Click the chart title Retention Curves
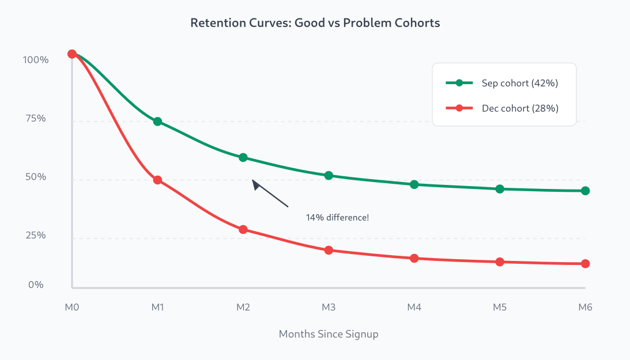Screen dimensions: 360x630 click(315, 24)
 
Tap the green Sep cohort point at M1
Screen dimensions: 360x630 click(157, 122)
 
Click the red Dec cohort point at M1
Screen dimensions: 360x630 click(157, 180)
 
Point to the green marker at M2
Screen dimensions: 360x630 click(243, 157)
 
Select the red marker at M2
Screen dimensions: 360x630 click(243, 229)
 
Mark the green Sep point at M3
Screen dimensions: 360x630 click(329, 175)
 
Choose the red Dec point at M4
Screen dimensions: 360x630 click(414, 258)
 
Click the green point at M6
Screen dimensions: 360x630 click(585, 191)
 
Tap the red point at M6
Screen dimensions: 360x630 click(585, 263)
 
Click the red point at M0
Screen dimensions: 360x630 click(72, 54)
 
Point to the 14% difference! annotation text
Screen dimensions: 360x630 click(337, 218)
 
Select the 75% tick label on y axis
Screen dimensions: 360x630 click(35, 119)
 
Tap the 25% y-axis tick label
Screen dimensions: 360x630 click(35, 236)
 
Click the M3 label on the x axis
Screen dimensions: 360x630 click(329, 308)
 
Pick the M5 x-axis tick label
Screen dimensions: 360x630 click(499, 308)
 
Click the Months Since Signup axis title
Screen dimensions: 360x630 click(329, 334)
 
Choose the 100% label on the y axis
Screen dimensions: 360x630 click(36, 60)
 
